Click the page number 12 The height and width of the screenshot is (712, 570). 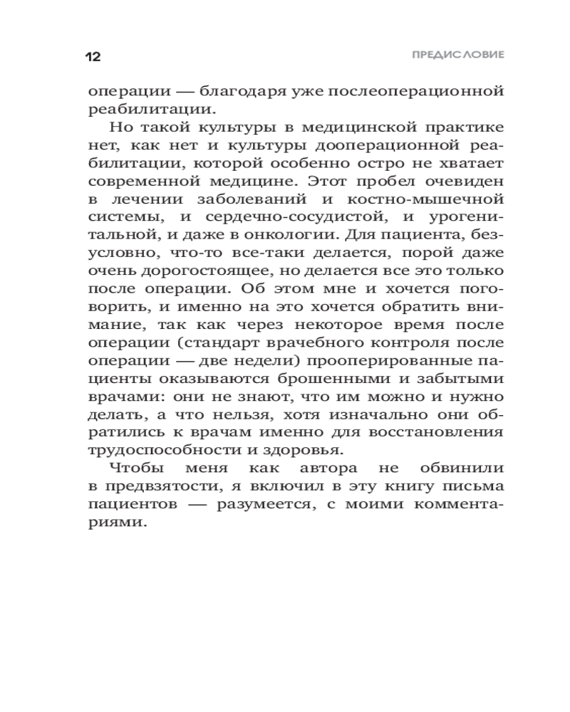click(93, 57)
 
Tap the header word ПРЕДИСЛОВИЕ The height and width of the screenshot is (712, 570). click(458, 55)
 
